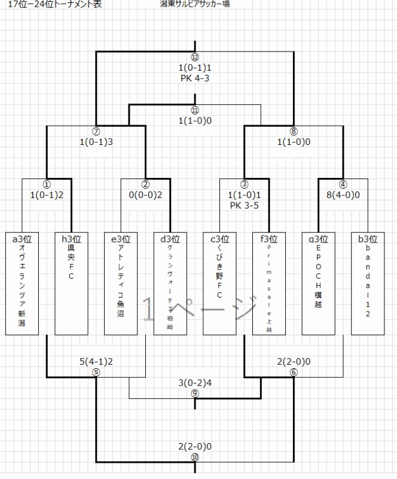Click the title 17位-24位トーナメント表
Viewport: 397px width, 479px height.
click(54, 4)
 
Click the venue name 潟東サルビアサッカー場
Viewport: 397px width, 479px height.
click(195, 4)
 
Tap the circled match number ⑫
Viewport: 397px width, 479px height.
click(194, 57)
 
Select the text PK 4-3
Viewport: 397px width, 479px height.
click(194, 78)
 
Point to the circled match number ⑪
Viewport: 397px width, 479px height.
click(194, 111)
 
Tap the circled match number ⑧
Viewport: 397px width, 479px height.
click(293, 132)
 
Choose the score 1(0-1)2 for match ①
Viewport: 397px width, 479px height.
click(47, 194)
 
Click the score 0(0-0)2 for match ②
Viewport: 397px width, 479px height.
click(145, 194)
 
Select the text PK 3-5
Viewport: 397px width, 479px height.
click(244, 204)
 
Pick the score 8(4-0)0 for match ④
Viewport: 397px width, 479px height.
click(343, 194)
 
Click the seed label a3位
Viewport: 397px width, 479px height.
click(22, 238)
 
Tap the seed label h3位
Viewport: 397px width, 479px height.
click(71, 238)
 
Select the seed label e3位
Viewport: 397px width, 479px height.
click(121, 238)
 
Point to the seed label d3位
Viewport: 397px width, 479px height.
click(170, 238)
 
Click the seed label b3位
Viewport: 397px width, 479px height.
click(368, 238)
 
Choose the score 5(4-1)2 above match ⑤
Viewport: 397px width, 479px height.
click(96, 362)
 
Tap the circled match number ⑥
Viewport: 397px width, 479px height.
click(293, 372)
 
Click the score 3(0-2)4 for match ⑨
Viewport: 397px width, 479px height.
click(195, 383)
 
